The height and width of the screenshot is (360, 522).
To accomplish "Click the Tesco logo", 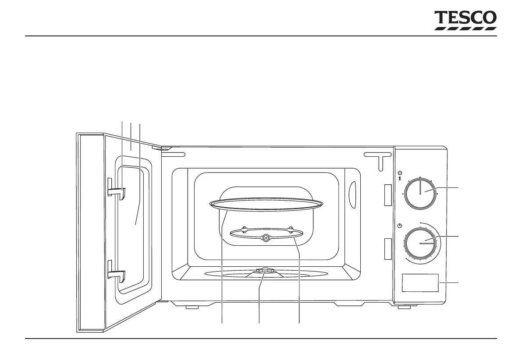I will (x=465, y=21).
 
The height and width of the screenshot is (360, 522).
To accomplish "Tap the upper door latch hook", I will (x=117, y=191).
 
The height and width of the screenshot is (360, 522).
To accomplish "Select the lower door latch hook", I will (x=117, y=275).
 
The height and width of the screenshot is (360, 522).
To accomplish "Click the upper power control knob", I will (x=420, y=193).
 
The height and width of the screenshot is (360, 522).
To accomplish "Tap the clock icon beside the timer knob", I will (x=400, y=226).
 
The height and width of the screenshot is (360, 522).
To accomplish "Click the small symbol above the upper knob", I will (x=400, y=174).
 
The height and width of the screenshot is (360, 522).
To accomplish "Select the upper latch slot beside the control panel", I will (x=387, y=195).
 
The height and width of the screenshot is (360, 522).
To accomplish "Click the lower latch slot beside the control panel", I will (x=387, y=249).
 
